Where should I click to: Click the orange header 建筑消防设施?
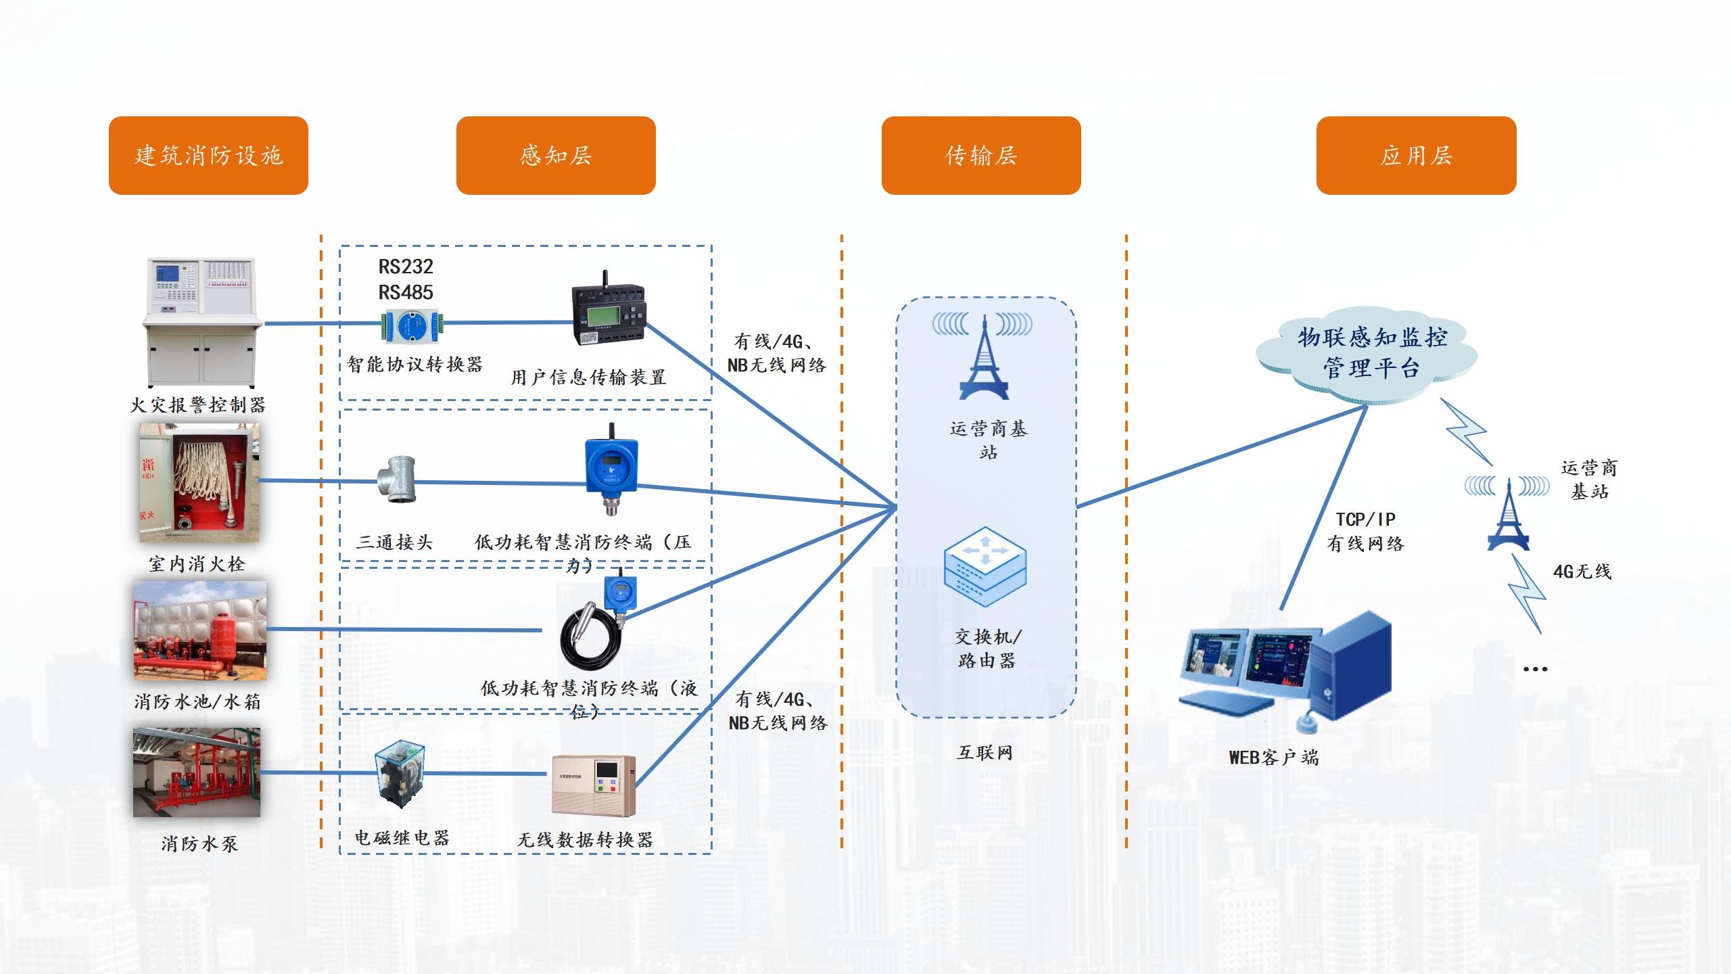click(208, 156)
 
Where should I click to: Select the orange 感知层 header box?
click(556, 156)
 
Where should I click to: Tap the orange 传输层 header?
click(981, 156)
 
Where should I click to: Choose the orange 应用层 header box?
click(1416, 156)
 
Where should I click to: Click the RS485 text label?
click(406, 292)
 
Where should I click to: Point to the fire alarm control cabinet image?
click(201, 322)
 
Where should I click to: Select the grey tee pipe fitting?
click(398, 479)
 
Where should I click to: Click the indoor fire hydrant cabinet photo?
click(199, 482)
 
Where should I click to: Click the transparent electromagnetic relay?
click(400, 773)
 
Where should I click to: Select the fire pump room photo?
click(197, 772)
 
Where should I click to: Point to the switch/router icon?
click(985, 567)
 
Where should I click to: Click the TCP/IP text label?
click(1365, 519)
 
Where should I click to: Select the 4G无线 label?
click(1582, 572)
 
